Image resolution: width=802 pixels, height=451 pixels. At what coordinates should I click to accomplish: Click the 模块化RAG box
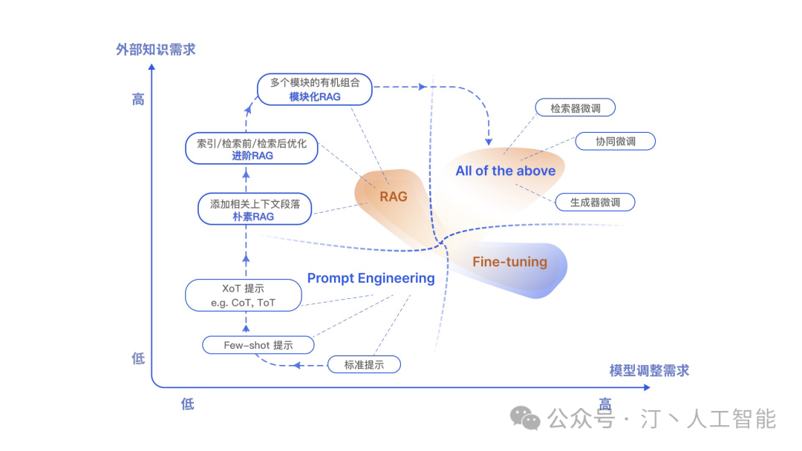[x=315, y=90]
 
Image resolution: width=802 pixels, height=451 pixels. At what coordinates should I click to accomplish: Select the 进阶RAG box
[x=251, y=149]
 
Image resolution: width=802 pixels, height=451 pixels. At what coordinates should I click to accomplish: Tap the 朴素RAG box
[x=255, y=209]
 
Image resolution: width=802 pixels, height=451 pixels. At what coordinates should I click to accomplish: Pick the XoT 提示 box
[x=244, y=295]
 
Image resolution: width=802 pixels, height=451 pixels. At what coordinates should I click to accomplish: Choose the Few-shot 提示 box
[x=258, y=345]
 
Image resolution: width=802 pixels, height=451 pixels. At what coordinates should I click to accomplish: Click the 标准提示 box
[x=364, y=364]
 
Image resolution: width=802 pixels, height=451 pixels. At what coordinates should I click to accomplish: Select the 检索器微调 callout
[x=576, y=108]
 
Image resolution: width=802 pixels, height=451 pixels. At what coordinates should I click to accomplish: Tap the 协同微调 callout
[x=616, y=142]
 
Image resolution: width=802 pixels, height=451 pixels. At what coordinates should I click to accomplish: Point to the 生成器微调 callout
[x=595, y=202]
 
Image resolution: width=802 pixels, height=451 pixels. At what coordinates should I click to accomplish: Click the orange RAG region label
[x=394, y=197]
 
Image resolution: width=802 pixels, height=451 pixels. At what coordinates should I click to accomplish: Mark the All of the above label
[x=506, y=171]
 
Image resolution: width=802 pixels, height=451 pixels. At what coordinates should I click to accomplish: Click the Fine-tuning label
[x=509, y=262]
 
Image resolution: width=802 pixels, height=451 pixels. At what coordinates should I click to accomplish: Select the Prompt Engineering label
[x=371, y=278]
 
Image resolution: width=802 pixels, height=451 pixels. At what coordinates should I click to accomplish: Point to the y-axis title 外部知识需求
[x=155, y=50]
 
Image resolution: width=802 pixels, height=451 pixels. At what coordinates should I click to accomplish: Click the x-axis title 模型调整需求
[x=649, y=370]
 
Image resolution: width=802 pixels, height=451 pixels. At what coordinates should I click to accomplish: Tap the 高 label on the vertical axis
[x=138, y=99]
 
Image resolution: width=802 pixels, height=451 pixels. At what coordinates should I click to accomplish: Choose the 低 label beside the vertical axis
[x=138, y=358]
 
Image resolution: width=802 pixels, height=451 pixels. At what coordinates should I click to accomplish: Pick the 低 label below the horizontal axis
[x=187, y=404]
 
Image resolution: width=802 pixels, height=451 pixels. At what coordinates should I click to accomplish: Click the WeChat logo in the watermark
[x=529, y=420]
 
